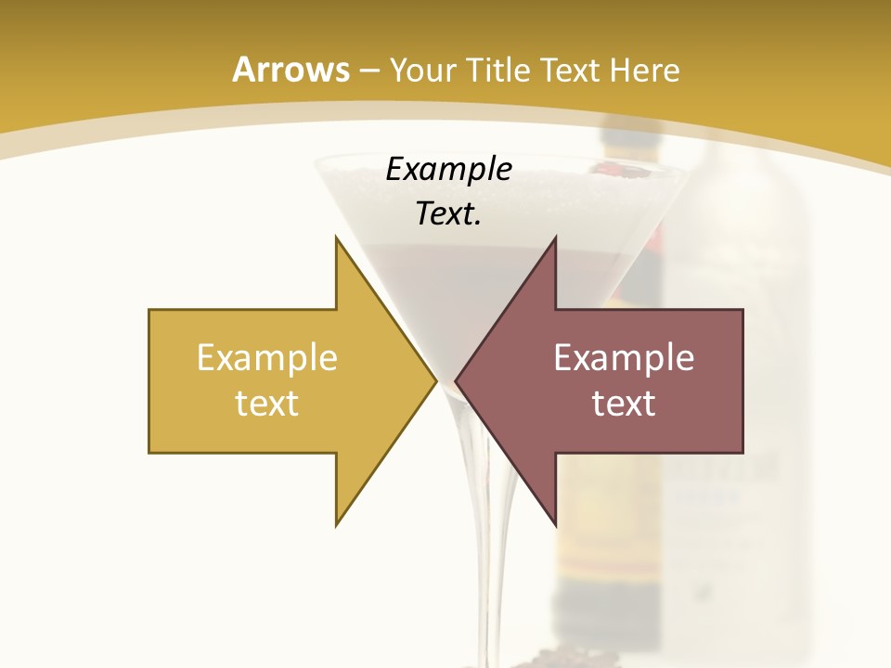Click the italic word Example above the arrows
coord(448,170)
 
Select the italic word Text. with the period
coord(448,214)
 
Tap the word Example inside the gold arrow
coord(267,358)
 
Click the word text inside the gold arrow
coord(267,404)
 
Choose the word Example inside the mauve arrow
coord(624,358)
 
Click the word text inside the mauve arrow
coord(624,404)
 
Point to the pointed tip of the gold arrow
coord(435,380)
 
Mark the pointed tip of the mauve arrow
coord(457,380)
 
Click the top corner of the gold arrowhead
coord(337,238)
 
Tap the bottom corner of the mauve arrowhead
coord(555,524)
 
